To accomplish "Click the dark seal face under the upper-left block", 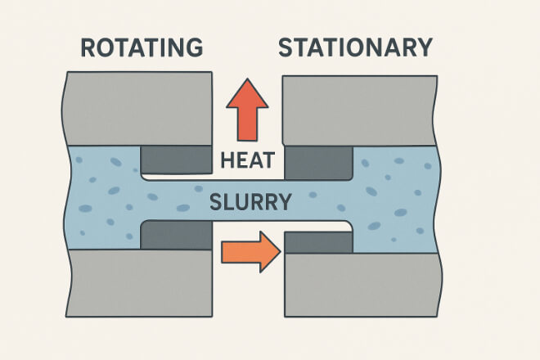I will pos(176,160).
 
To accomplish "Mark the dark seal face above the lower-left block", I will pos(176,235).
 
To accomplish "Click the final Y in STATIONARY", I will pos(421,47).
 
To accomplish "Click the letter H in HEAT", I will pos(226,160).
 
